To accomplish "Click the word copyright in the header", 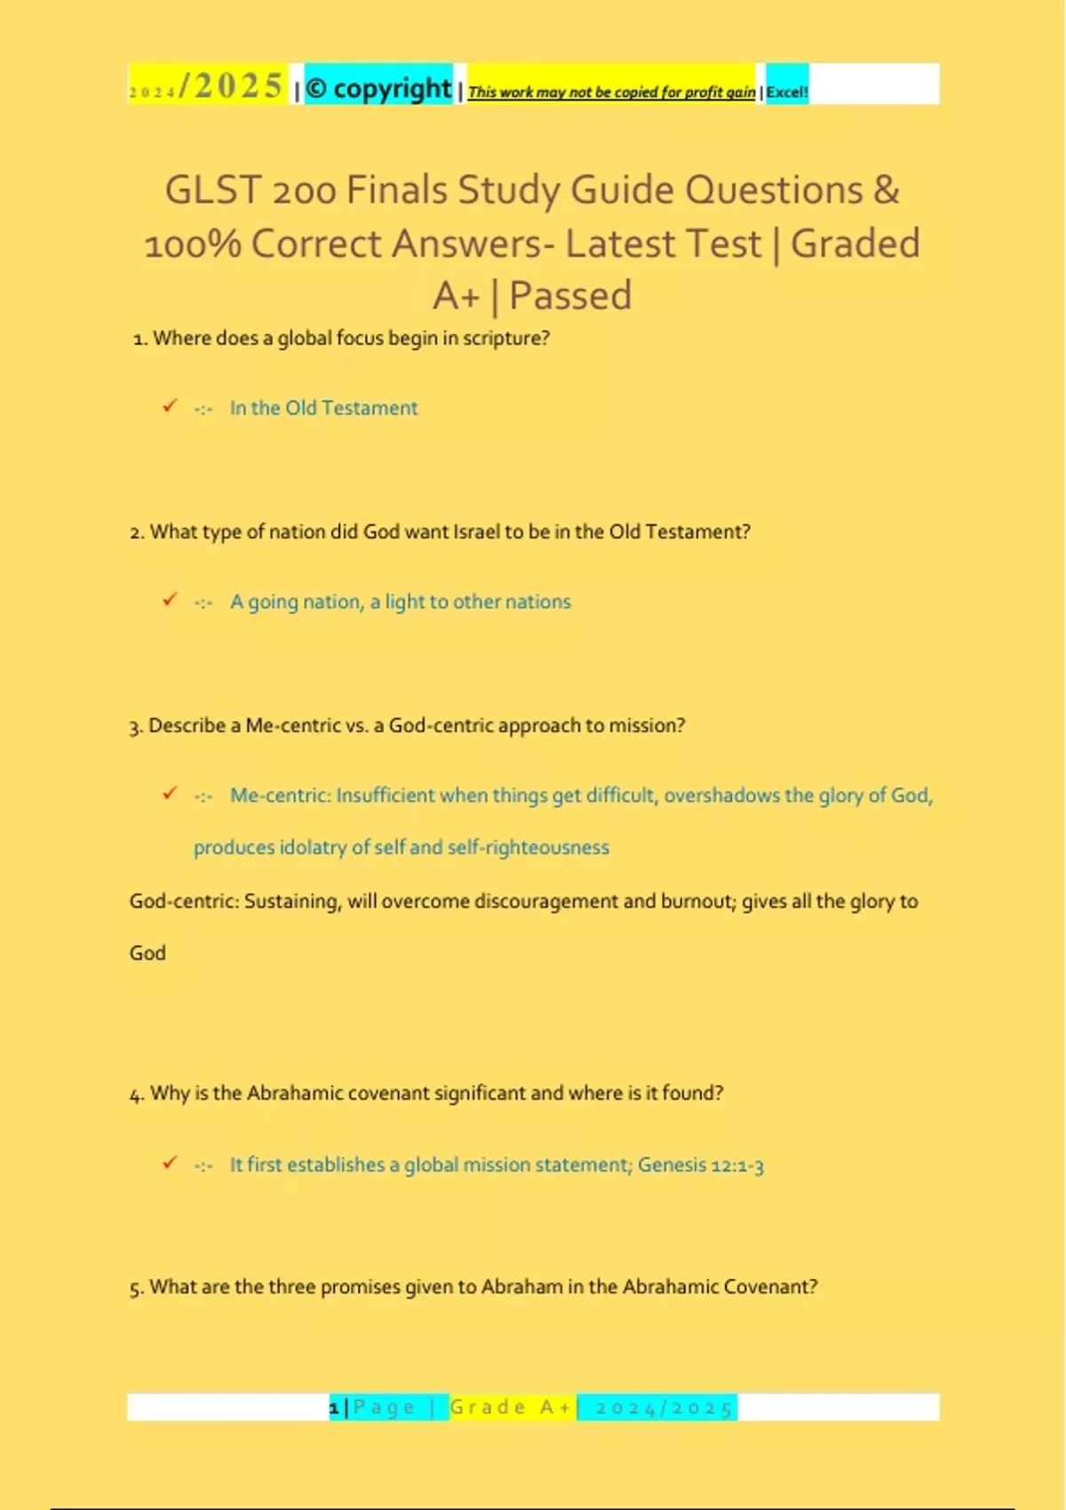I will coord(392,89).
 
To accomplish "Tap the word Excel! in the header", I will coord(787,91).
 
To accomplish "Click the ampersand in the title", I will coord(886,190).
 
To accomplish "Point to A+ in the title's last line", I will coord(457,296).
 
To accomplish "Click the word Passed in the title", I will coord(570,296).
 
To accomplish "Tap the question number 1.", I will coord(139,339).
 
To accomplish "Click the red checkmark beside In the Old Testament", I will coord(170,406).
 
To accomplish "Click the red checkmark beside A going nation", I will coord(170,600).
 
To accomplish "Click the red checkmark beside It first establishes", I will coord(170,1163).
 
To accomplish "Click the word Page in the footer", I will coord(384,1408).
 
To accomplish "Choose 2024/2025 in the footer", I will coord(664,1408).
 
